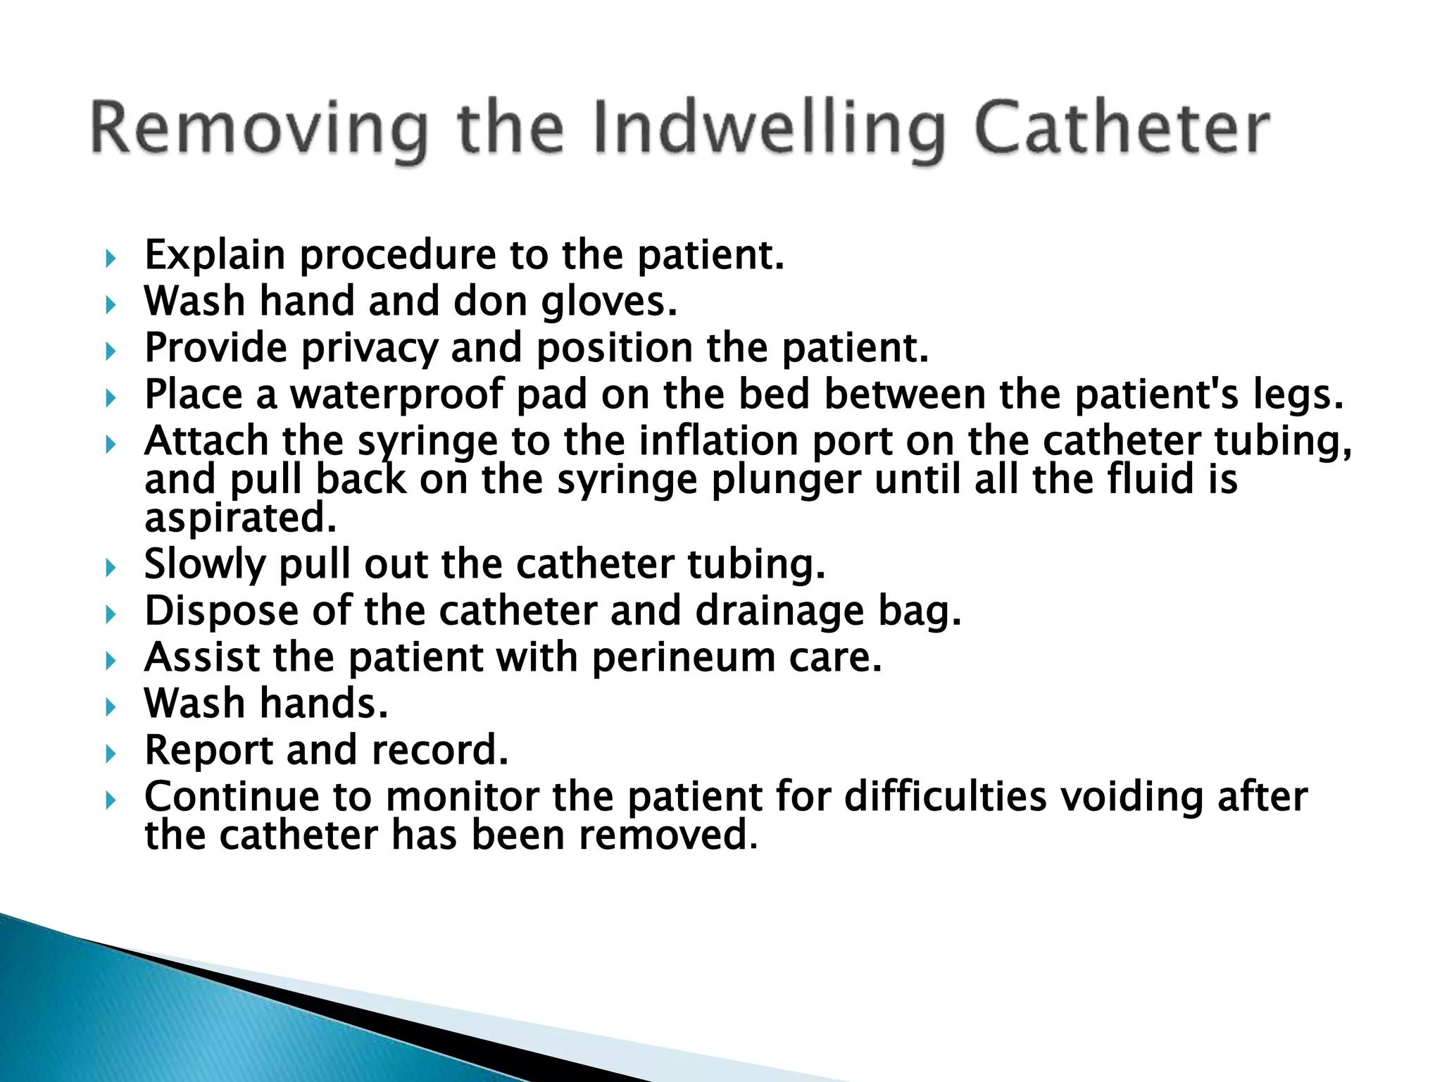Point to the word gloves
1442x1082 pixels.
pyautogui.click(x=608, y=302)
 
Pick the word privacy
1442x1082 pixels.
pyautogui.click(x=369, y=349)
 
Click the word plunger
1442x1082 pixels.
pyautogui.click(x=786, y=480)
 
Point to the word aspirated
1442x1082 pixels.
pyautogui.click(x=240, y=518)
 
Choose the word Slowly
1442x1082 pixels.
pyautogui.click(x=205, y=565)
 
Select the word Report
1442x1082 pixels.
pyautogui.click(x=208, y=750)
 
